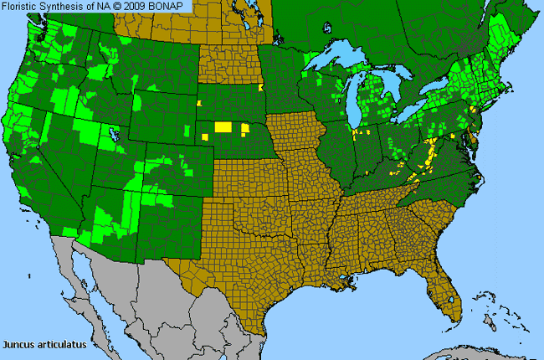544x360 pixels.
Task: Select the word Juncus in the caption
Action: pos(19,344)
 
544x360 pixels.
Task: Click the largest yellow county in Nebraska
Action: pos(223,126)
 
